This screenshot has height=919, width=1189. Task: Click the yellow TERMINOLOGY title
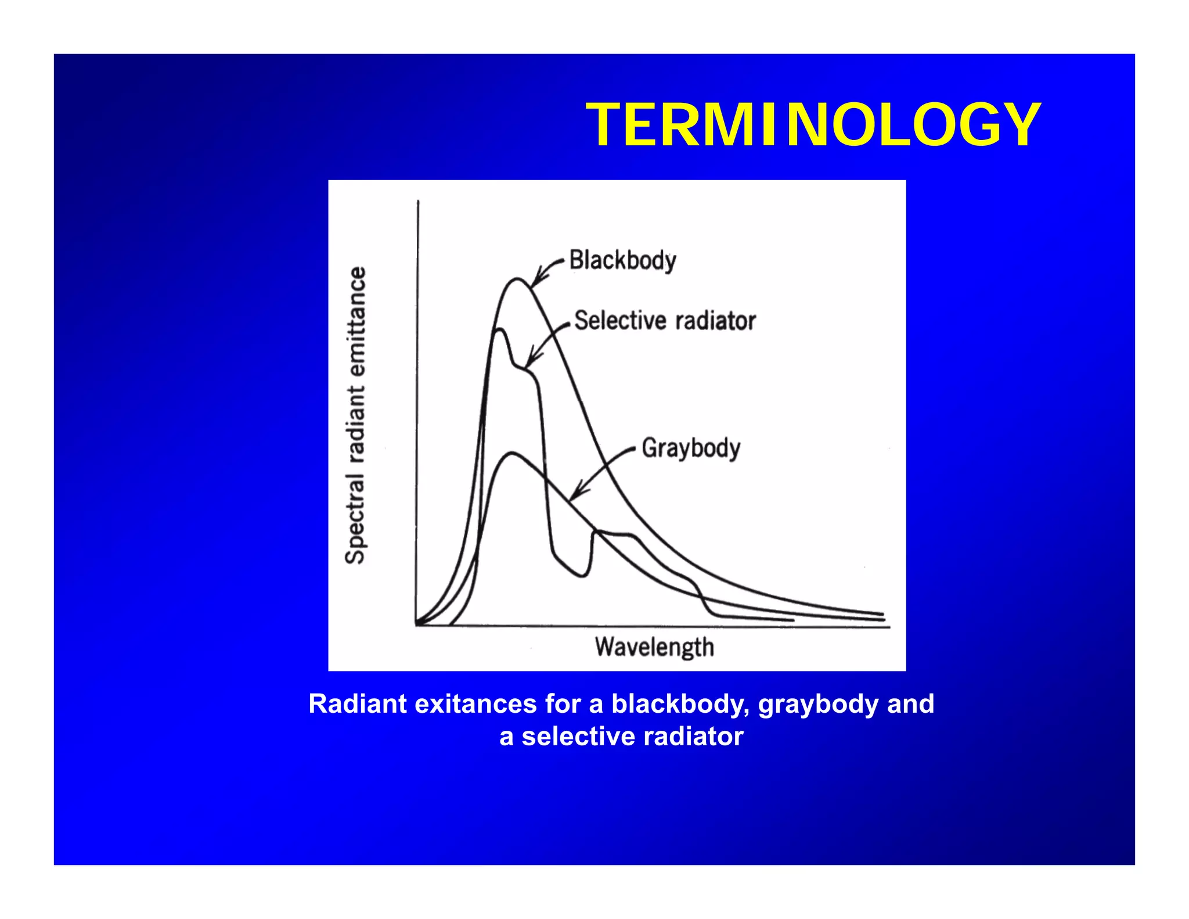point(813,125)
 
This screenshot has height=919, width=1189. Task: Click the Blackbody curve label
point(622,260)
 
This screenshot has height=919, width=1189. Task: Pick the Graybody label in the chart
point(691,448)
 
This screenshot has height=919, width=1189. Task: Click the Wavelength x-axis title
point(654,647)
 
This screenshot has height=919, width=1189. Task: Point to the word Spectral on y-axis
point(355,519)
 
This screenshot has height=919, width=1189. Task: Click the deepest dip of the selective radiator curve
point(582,576)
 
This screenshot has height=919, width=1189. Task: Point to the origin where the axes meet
point(417,626)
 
